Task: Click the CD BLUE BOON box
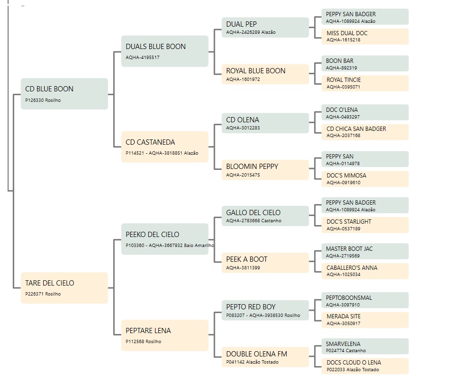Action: tap(64, 94)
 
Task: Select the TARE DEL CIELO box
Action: tap(64, 288)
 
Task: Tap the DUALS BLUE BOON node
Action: tap(165, 51)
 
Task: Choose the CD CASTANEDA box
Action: tap(165, 147)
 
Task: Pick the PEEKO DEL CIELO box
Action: tap(165, 239)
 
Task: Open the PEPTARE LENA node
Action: tap(165, 336)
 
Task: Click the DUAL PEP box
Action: tap(265, 27)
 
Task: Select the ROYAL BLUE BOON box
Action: tap(265, 74)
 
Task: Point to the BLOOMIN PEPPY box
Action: tap(265, 170)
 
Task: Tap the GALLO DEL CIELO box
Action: tap(265, 216)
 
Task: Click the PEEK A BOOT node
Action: tap(265, 263)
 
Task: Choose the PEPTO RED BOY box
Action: tap(265, 310)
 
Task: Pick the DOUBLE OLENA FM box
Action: tap(265, 357)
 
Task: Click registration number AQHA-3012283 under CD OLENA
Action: tap(243, 128)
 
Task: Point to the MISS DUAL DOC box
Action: tap(365, 36)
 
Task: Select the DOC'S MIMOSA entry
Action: tap(365, 179)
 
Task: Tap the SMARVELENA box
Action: tap(365, 346)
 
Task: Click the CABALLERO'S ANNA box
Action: tap(365, 271)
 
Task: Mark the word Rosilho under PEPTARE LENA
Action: tap(153, 341)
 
